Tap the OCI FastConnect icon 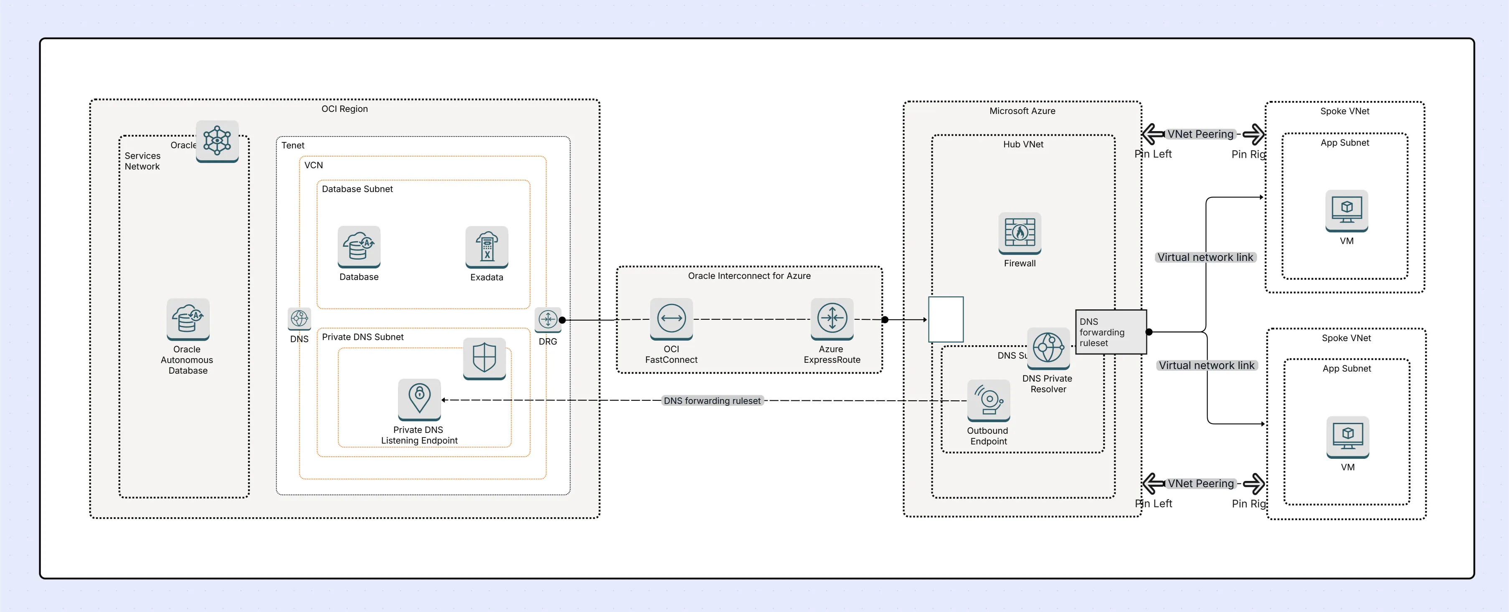[x=671, y=319]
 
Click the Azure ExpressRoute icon [x=832, y=319]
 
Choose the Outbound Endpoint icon [x=989, y=400]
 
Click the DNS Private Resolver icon [x=1048, y=348]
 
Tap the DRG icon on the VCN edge [x=548, y=319]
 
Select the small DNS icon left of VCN [x=299, y=319]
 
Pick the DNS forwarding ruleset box [x=1111, y=332]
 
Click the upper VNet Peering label [x=1200, y=134]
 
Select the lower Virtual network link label [x=1207, y=365]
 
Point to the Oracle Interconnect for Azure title [x=749, y=276]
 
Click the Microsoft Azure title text [x=1022, y=111]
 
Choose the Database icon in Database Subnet [x=359, y=247]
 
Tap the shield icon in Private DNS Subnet [x=484, y=358]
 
